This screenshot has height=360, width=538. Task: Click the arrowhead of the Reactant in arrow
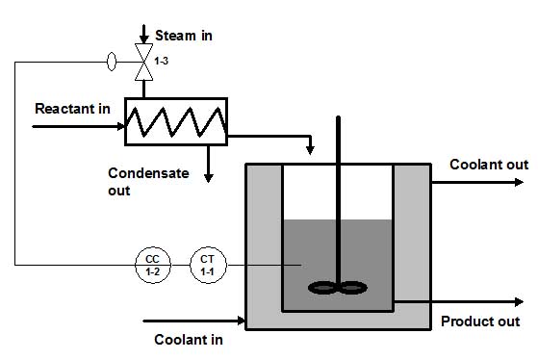[x=120, y=124]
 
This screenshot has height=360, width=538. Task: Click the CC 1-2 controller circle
[x=152, y=264]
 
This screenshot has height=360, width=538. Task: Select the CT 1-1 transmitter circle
[x=207, y=264]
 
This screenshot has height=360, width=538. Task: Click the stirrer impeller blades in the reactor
[x=339, y=286]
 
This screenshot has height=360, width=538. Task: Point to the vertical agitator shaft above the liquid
[x=339, y=164]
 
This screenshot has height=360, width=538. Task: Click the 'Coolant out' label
[x=488, y=165]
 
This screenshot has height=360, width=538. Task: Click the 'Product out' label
[x=480, y=321]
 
